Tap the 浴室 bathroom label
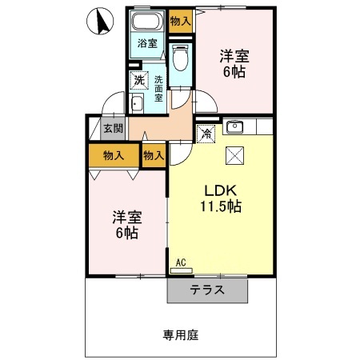click(146, 44)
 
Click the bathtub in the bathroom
click(146, 23)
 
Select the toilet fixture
click(181, 55)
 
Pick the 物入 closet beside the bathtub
click(180, 22)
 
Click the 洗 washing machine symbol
click(139, 80)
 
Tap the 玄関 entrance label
click(113, 128)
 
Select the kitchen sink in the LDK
click(234, 126)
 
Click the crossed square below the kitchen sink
click(234, 155)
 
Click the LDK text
click(221, 191)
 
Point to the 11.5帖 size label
click(221, 207)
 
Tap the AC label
click(180, 262)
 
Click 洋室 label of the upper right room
click(234, 57)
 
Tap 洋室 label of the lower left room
click(125, 217)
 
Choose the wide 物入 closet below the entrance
click(113, 155)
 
